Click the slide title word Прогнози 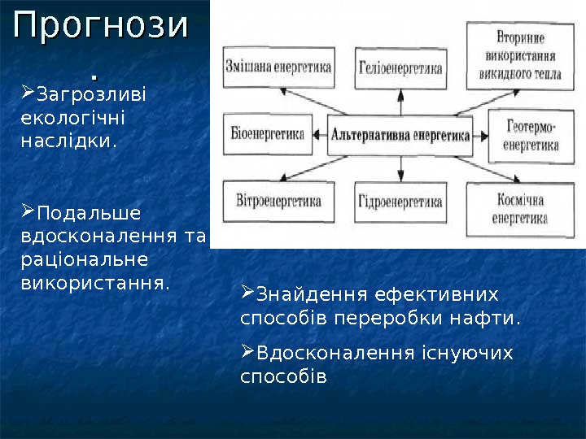click(100, 28)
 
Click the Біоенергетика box click(269, 134)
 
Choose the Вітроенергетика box click(278, 200)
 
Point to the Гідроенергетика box click(400, 200)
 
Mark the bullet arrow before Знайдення click(248, 292)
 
